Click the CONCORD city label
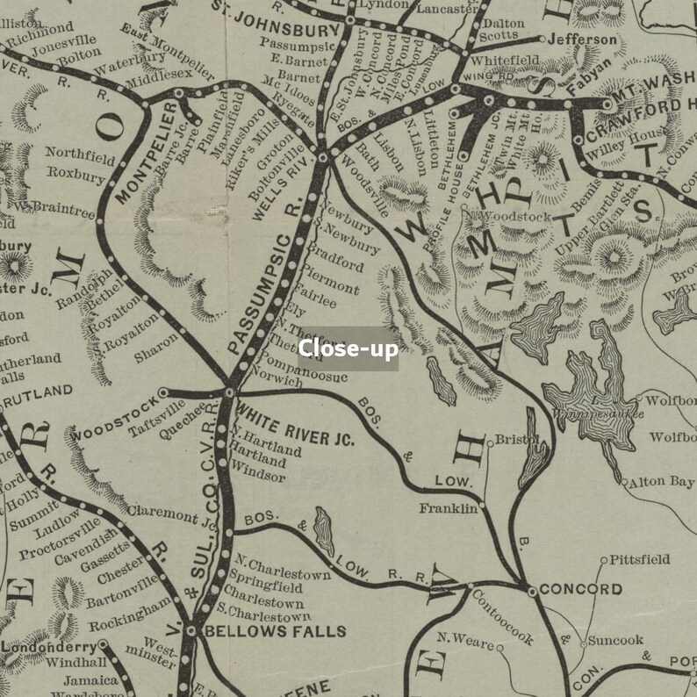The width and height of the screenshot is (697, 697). click(569, 589)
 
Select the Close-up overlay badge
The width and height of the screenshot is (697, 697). click(348, 348)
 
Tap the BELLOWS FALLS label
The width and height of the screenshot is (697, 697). click(263, 630)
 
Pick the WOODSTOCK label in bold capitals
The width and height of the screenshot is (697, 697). click(114, 420)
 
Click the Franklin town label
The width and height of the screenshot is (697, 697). click(448, 508)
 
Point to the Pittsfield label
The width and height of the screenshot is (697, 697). click(640, 558)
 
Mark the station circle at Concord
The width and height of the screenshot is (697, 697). click(532, 591)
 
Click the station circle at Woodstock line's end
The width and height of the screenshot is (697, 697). click(162, 392)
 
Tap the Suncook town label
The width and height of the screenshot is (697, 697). click(615, 641)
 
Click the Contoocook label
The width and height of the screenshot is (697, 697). click(503, 616)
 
